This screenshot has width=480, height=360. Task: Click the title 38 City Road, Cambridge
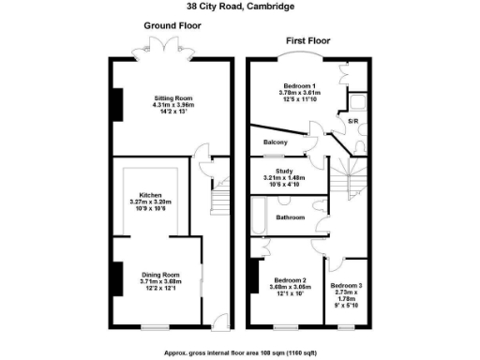(x=239, y=7)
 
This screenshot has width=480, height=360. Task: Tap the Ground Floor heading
(x=172, y=26)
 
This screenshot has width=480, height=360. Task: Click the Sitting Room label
(x=173, y=97)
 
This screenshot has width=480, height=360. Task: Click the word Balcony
(x=275, y=142)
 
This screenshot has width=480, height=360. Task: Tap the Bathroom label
(x=290, y=217)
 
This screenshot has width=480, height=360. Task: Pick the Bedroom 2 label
(x=291, y=280)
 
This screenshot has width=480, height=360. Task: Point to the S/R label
(x=352, y=121)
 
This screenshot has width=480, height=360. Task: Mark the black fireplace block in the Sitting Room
(x=116, y=104)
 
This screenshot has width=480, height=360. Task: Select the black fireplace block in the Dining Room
(x=116, y=277)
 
